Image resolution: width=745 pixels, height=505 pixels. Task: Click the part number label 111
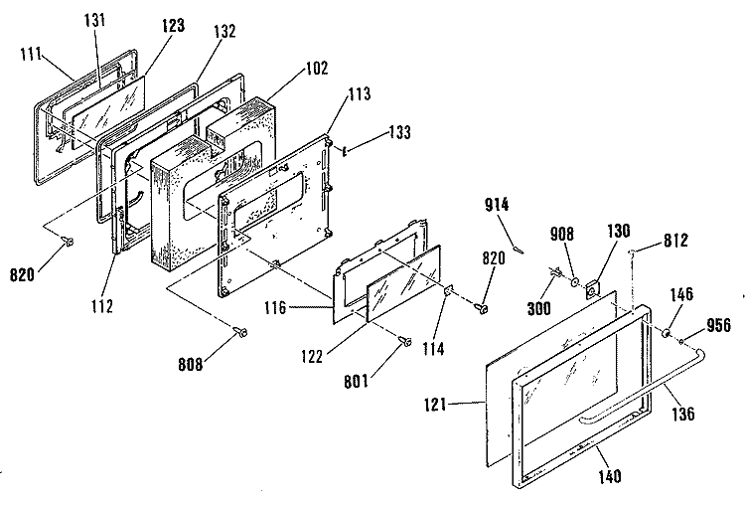click(32, 55)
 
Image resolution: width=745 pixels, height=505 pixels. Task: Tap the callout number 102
click(317, 68)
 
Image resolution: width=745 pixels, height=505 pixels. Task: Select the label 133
click(399, 132)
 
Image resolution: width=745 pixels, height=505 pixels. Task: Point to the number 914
click(497, 205)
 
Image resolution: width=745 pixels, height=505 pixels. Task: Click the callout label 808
click(190, 364)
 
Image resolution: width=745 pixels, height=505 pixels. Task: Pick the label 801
click(356, 381)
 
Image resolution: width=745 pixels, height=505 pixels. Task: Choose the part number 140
click(609, 476)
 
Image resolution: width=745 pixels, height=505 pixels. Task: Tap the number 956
click(718, 325)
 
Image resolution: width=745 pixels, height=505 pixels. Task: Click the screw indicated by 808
click(241, 332)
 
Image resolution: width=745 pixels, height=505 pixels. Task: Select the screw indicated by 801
click(405, 341)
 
